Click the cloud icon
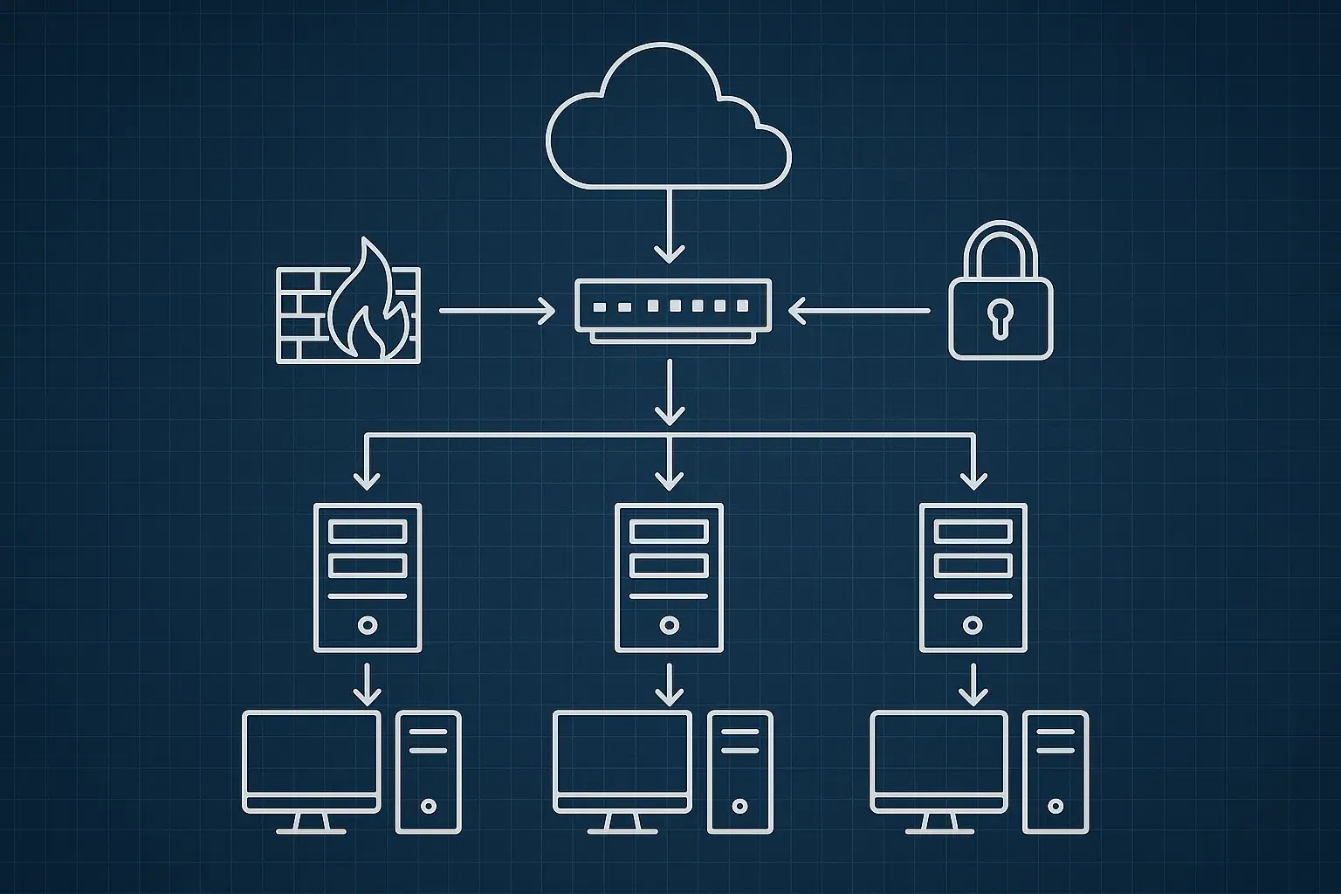[669, 122]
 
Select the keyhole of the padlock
[1001, 316]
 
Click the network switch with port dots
[672, 307]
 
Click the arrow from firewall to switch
[496, 310]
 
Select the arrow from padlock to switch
[859, 310]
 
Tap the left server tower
[368, 577]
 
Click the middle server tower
[670, 577]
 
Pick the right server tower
[973, 577]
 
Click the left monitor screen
[312, 753]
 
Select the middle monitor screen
[622, 753]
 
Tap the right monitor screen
[939, 753]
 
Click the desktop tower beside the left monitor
[428, 771]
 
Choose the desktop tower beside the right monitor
[1056, 771]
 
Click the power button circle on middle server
[670, 625]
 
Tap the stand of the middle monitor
[622, 823]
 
